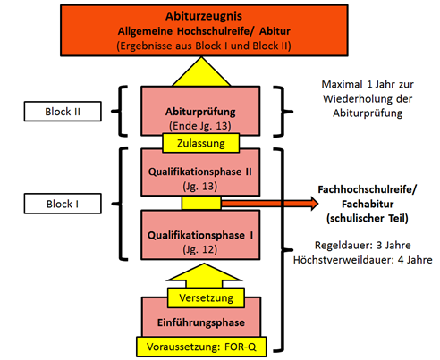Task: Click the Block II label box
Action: pos(63,112)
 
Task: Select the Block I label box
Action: pos(63,204)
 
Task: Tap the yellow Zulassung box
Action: pos(201,143)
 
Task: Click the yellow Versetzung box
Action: pos(206,297)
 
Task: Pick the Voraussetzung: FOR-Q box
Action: pos(201,347)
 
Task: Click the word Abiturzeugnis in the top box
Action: pos(204,16)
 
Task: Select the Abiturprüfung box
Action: pos(200,111)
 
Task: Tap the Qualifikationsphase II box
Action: pos(200,172)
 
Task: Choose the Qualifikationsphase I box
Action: pos(200,235)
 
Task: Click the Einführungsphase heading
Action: pos(201,322)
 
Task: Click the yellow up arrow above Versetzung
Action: pos(204,275)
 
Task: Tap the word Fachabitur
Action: pos(368,204)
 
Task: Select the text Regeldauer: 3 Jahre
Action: pos(363,245)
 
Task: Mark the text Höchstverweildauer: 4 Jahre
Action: pos(363,260)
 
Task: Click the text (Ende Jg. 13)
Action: pos(200,126)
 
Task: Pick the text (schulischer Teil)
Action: pos(368,218)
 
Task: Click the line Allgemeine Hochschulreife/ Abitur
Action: pos(204,31)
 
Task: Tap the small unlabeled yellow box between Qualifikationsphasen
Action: pos(201,204)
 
